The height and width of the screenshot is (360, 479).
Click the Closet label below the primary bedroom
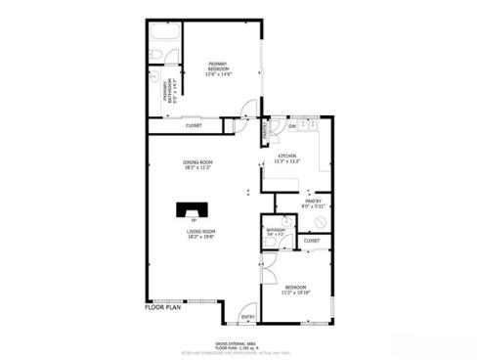click(x=195, y=125)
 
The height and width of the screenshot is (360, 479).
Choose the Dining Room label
click(x=196, y=164)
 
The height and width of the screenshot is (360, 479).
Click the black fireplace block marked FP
click(x=192, y=209)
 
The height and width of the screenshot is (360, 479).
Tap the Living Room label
click(x=201, y=233)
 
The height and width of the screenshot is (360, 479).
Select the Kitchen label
click(x=287, y=158)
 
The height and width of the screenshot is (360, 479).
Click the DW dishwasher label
click(x=291, y=125)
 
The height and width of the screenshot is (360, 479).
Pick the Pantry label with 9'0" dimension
click(x=313, y=203)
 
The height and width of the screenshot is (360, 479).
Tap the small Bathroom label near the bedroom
click(x=275, y=233)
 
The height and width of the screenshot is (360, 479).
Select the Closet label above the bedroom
click(x=311, y=240)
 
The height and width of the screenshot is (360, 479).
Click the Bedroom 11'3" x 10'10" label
click(x=295, y=290)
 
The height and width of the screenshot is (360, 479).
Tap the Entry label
click(x=247, y=316)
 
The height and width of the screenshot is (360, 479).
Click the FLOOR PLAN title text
click(x=163, y=307)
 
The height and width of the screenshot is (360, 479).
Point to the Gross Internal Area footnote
click(x=239, y=342)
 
